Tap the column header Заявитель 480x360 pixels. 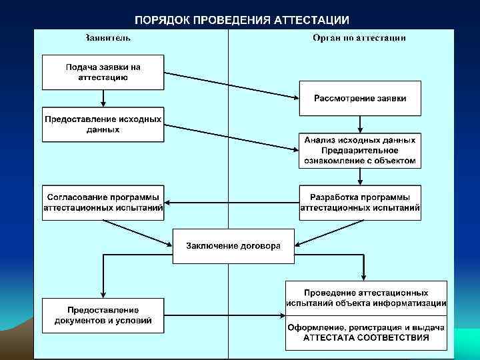pos(107,38)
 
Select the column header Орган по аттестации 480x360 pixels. pos(359,38)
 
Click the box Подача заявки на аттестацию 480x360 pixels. pos(103,72)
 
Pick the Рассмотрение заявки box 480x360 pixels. pos(360,98)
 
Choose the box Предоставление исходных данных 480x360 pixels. pos(103,124)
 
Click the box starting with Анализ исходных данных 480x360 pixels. pos(360,150)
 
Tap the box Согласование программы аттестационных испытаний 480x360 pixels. pos(103,202)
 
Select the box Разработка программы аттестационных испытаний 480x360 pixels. pos(360,202)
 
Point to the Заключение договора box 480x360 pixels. pos(233,245)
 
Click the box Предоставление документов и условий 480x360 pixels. pos(103,315)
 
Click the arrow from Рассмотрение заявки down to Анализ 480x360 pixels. pos(360,124)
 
